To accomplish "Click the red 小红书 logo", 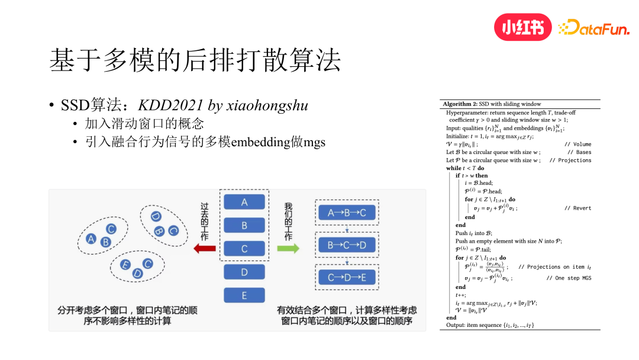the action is tap(522, 27).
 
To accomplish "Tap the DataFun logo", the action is tap(594, 27).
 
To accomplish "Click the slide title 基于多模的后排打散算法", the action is tap(195, 61).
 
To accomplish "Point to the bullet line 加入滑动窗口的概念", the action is tap(144, 124).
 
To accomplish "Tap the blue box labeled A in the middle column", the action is tap(244, 202).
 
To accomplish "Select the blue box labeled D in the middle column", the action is tap(244, 272).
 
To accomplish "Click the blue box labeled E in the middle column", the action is tap(244, 295).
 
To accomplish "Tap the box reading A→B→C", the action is tap(347, 213).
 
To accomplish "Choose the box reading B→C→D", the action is tap(347, 245).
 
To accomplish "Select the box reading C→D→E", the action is tap(347, 277).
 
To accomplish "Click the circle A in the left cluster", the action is tap(91, 239).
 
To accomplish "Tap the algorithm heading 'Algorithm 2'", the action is tap(460, 104).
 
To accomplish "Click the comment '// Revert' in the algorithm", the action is tap(577, 208).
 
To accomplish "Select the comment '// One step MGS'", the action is tap(569, 278).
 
